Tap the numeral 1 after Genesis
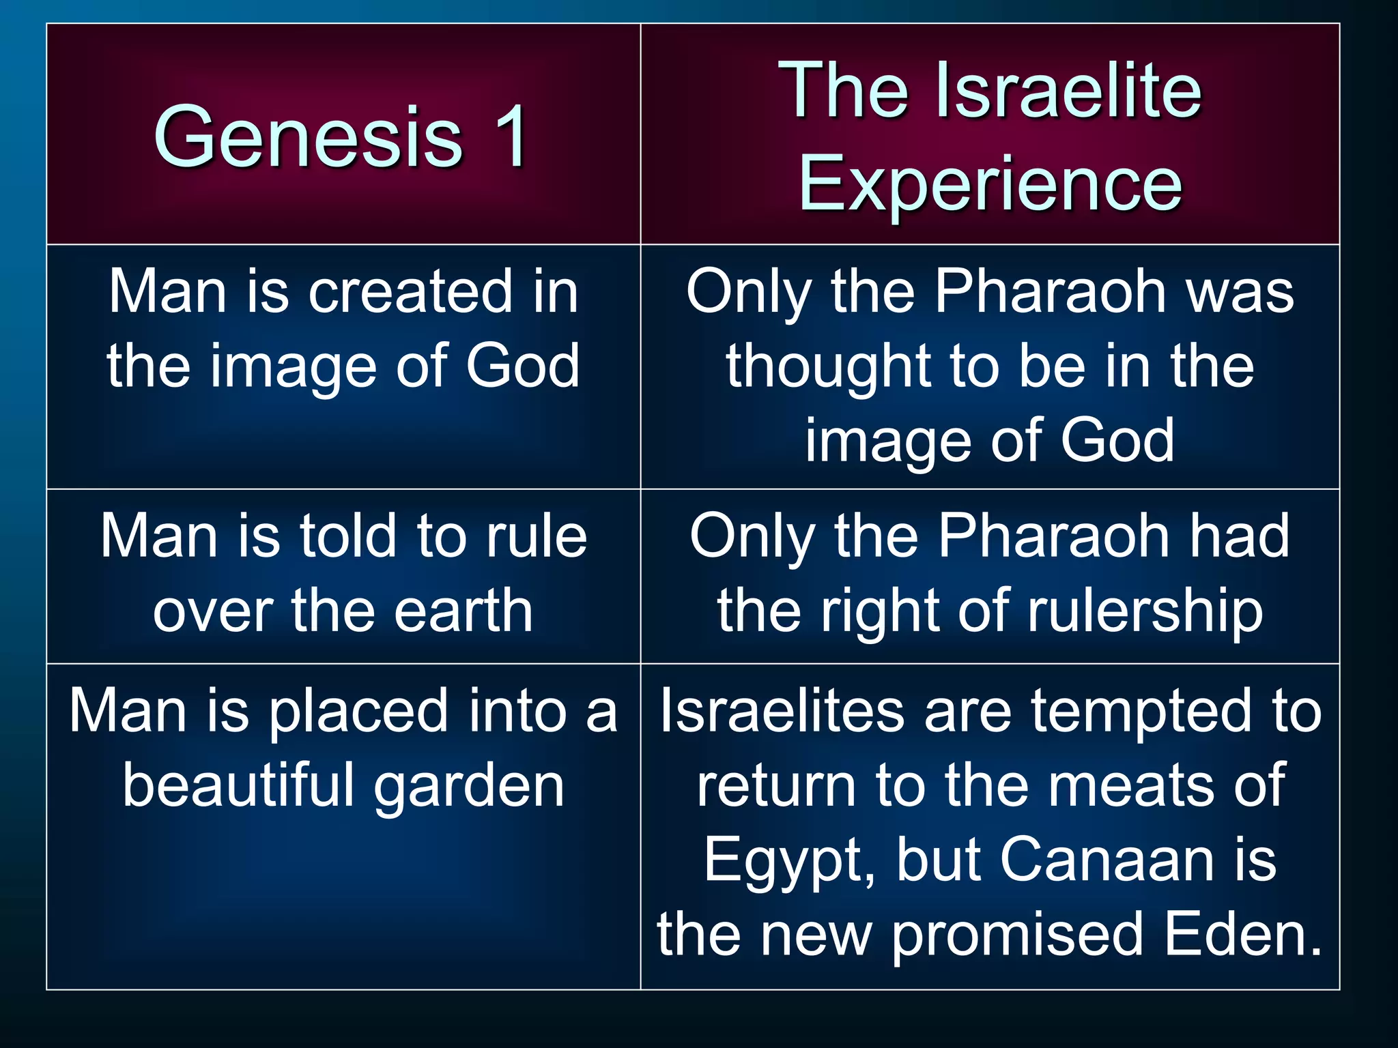(509, 136)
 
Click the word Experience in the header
(990, 183)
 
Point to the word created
(410, 292)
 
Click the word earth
(463, 611)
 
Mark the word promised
(1018, 935)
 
